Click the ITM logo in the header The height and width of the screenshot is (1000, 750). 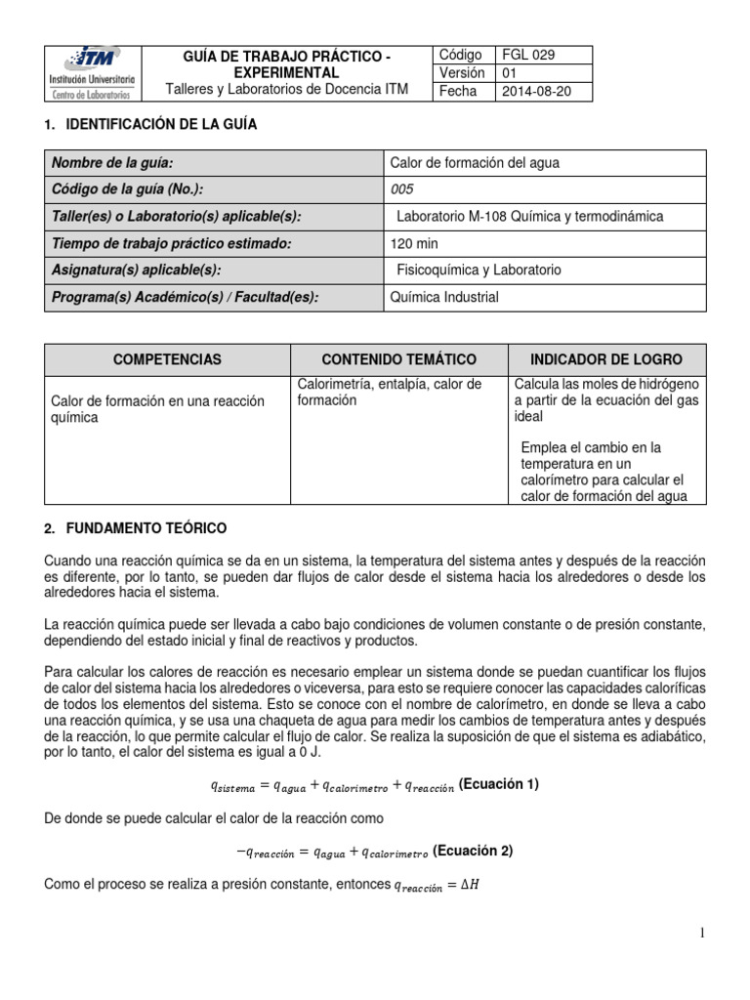tap(94, 71)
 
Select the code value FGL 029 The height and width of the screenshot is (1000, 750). tap(528, 55)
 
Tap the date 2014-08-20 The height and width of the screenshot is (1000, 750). tap(535, 92)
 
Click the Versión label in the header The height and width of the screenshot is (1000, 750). tap(462, 73)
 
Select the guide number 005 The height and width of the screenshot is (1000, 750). tap(402, 189)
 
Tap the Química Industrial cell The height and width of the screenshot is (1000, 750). tap(444, 297)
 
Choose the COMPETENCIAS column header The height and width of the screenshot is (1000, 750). tap(167, 359)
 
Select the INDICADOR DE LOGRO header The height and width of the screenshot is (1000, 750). tap(606, 359)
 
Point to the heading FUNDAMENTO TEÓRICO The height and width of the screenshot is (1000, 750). tap(146, 528)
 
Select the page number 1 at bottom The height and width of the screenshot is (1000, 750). tap(702, 935)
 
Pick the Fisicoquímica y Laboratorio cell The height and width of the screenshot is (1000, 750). tap(479, 270)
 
